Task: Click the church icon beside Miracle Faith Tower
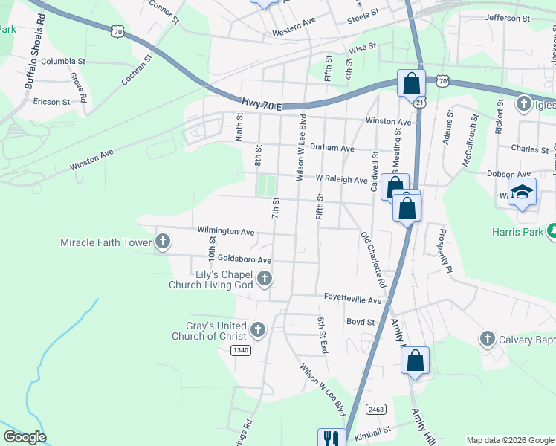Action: point(163,242)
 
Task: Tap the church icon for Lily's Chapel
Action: point(265,279)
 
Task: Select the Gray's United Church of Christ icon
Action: point(258,329)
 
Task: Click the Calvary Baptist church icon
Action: point(488,339)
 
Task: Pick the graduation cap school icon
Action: point(522,192)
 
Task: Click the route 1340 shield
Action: point(240,350)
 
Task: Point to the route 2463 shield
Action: point(375,409)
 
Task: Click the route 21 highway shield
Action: point(419,103)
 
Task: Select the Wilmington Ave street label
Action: point(226,232)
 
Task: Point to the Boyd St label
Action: point(360,322)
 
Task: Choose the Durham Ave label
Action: point(332,148)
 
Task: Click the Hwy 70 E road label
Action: point(262,106)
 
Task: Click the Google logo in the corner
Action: point(25,437)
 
